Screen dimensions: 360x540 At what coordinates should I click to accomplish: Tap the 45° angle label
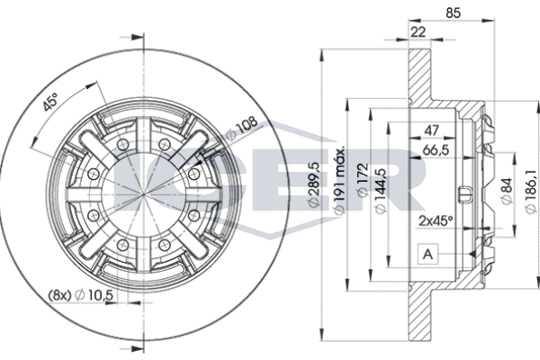coord(52,103)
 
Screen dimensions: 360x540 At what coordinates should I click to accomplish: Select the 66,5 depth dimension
coord(437,151)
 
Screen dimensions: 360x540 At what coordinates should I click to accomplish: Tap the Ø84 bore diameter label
coord(506,191)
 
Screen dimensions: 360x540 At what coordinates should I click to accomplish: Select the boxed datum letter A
coord(428,255)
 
